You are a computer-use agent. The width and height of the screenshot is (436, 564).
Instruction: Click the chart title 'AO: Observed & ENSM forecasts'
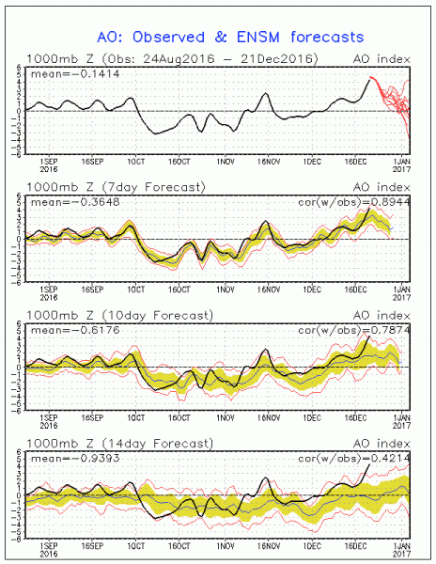(x=217, y=38)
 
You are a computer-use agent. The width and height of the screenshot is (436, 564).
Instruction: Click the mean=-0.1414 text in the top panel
(x=63, y=73)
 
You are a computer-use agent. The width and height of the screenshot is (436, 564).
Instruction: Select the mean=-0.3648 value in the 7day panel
(x=63, y=201)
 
